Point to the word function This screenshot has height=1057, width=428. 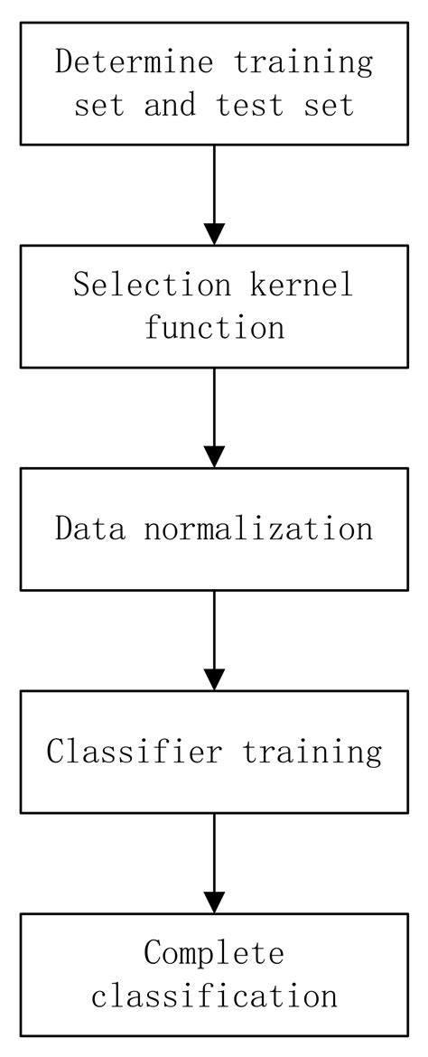point(214,327)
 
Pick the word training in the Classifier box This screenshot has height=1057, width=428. point(311,751)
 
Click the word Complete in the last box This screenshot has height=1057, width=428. point(214,952)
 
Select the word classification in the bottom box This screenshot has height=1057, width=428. point(214,995)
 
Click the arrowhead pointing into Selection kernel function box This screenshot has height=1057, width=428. point(214,233)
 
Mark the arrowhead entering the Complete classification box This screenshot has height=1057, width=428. point(214,902)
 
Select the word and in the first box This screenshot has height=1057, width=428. point(170,105)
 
